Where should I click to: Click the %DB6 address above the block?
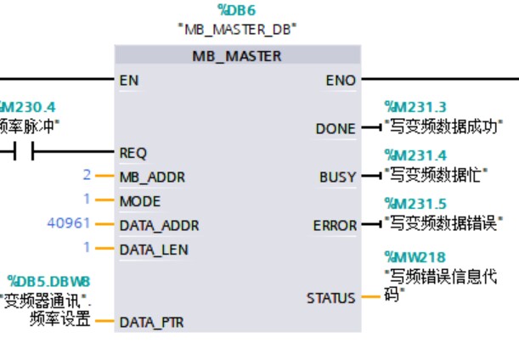236,10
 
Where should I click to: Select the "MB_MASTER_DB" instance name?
236,30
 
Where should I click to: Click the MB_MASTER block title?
236,57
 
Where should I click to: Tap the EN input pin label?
129,81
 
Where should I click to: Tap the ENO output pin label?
341,81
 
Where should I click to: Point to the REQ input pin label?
133,153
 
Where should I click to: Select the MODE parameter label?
140,202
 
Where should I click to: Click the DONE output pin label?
336,129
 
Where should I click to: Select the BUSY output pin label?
337,177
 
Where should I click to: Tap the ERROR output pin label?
335,226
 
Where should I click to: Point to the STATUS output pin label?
331,298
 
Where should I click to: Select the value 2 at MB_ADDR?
86,175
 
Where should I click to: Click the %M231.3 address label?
415,107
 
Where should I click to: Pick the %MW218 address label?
415,256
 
